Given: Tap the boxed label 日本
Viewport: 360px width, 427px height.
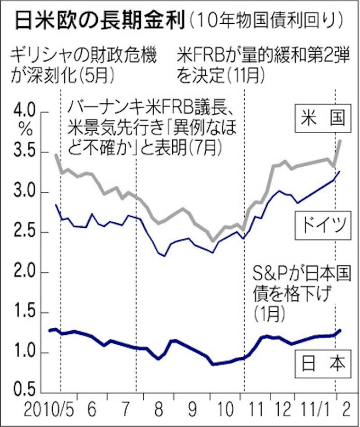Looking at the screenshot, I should click(x=322, y=363).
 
